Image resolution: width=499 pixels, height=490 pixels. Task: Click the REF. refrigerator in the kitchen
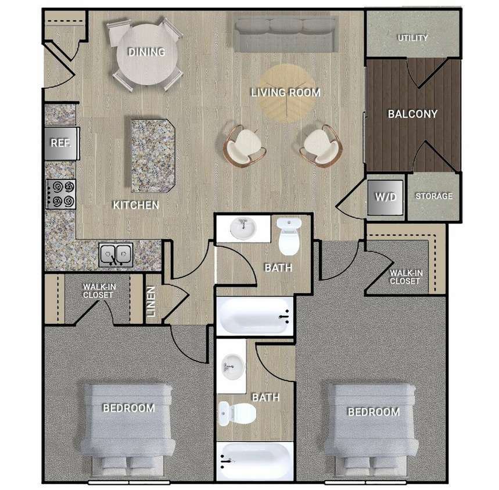coord(61,143)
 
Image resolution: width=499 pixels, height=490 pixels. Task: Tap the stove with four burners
coord(62,194)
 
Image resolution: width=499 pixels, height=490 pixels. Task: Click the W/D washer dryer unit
coord(385,197)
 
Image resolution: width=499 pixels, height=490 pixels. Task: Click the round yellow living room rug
coord(286,93)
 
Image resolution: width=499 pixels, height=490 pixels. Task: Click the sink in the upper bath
coord(243,228)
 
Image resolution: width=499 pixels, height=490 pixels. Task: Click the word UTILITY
coord(412,38)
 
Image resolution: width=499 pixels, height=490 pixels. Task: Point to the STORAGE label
coord(433,196)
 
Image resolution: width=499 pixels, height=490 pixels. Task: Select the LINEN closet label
coord(150,304)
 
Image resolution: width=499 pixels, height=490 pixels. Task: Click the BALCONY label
coord(412,114)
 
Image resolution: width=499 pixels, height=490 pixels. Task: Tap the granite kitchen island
coord(152,155)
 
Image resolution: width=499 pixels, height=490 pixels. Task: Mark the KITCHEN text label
coord(135,205)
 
